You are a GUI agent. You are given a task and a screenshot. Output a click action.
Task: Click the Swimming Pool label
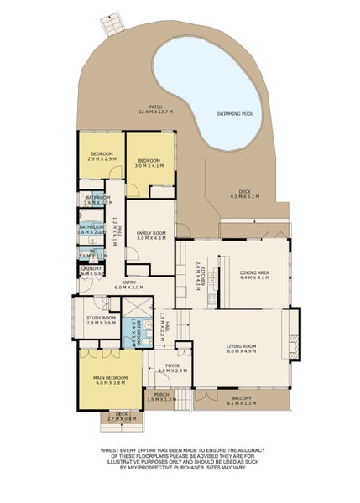(238, 112)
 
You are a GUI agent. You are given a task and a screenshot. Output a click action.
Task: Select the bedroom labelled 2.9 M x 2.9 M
(102, 157)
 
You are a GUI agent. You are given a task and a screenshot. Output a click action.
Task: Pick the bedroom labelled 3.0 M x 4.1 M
(149, 162)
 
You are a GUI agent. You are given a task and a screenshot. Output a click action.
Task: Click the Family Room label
(153, 235)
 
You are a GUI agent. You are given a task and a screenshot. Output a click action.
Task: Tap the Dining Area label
(253, 274)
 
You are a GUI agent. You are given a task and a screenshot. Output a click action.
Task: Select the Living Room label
(242, 348)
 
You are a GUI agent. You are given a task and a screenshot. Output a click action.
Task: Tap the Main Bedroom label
(111, 380)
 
